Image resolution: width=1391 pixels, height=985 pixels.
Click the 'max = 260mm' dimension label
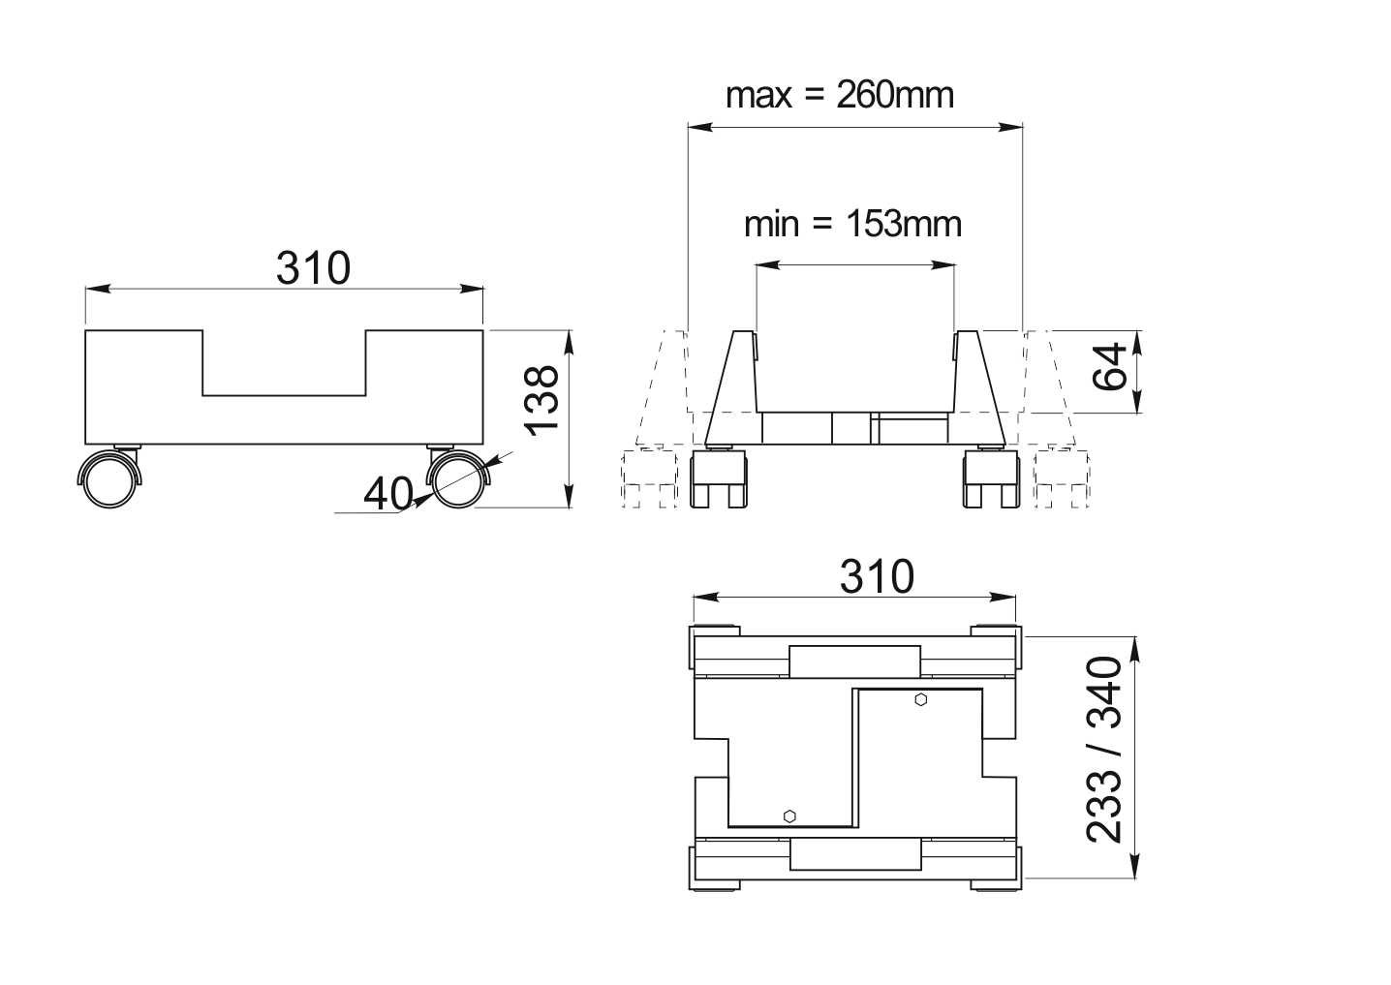[x=840, y=96]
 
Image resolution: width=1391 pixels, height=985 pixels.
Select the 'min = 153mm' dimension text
[x=852, y=224]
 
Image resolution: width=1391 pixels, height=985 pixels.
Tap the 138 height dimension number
[x=541, y=401]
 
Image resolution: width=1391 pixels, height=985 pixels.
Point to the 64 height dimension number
[x=1110, y=366]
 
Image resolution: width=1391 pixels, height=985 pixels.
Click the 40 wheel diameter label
[x=388, y=494]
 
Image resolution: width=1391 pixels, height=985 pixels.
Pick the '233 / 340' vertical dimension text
[x=1104, y=750]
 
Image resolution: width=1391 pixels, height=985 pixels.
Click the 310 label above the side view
[x=314, y=268]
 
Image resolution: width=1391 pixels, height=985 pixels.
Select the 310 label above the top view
[x=877, y=577]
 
